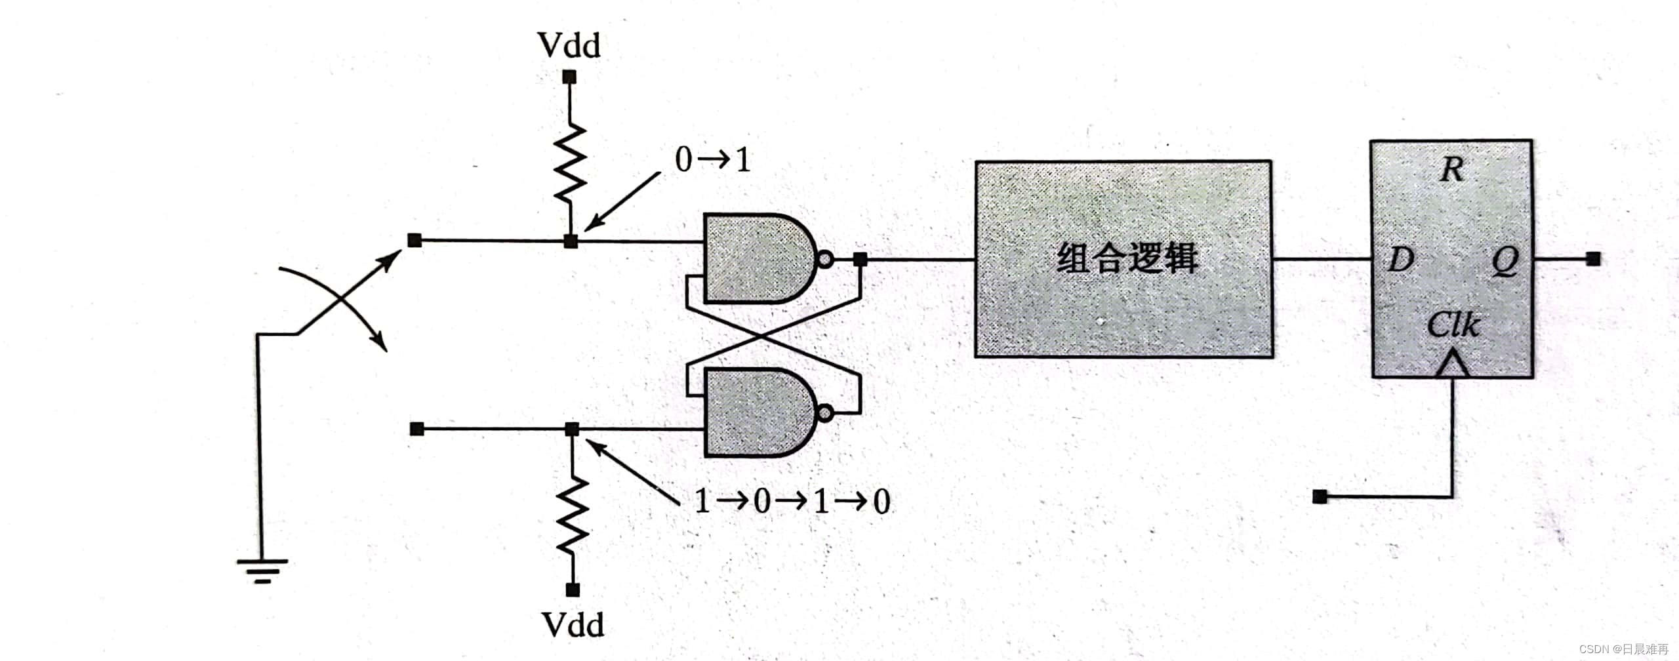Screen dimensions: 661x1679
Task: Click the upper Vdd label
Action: click(569, 46)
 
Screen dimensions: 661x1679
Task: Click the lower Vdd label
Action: click(573, 625)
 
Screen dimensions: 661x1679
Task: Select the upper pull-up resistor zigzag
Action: click(570, 162)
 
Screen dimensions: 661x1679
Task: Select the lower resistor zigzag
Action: click(573, 515)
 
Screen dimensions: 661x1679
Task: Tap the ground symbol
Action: click(262, 569)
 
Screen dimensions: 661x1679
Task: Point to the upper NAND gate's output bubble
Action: click(825, 259)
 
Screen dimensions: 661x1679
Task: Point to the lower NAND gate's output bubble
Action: click(825, 413)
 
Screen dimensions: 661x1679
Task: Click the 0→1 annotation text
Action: click(712, 159)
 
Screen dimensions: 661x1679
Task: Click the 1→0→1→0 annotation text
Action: click(792, 502)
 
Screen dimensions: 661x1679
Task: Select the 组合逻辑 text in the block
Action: click(1127, 258)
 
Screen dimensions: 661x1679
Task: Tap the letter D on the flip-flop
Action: click(1401, 260)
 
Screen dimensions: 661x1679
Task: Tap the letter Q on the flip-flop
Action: click(1505, 260)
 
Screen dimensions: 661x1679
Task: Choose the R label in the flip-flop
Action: click(1452, 170)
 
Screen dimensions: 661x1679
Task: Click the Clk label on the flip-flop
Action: click(1453, 325)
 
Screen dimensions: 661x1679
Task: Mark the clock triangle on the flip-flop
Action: click(1452, 364)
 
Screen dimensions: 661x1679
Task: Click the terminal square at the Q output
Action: click(1594, 258)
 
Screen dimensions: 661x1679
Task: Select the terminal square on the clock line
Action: click(1320, 497)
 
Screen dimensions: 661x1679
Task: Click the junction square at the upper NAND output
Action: click(860, 259)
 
